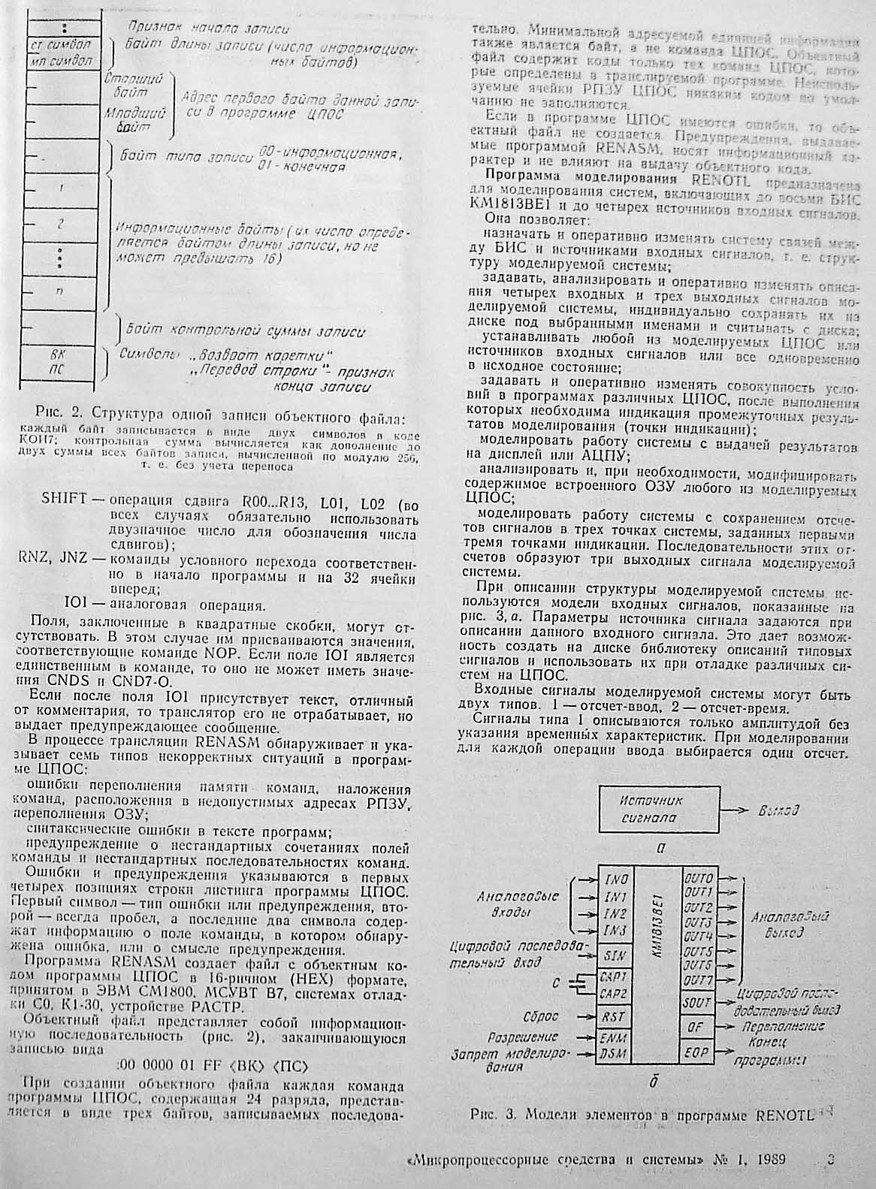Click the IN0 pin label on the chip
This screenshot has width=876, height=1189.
(615, 880)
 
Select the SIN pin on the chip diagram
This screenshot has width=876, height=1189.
(613, 955)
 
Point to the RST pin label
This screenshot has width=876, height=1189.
(612, 1017)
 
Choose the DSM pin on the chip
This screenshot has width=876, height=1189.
(614, 1055)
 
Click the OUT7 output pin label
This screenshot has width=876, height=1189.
(698, 981)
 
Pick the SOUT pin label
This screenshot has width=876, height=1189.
(697, 1003)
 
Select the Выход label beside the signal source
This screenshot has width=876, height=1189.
(778, 811)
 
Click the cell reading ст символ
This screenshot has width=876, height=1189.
(62, 44)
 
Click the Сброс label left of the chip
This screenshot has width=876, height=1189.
(542, 1016)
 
